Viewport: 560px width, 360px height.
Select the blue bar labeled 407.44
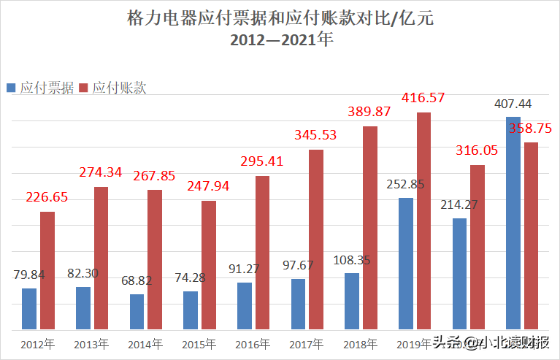[x=513, y=223]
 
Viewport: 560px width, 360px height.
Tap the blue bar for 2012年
[x=29, y=308]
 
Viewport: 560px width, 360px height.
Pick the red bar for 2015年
[x=209, y=264]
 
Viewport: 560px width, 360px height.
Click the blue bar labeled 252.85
[x=406, y=263]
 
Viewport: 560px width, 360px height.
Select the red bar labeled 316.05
[x=477, y=247]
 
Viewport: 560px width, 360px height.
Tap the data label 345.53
[x=316, y=135]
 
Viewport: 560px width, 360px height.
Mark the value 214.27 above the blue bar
[x=459, y=205]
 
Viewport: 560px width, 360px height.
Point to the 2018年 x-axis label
[x=361, y=343]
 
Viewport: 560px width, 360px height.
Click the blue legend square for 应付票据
[x=11, y=88]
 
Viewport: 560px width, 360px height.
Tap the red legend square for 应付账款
[x=83, y=88]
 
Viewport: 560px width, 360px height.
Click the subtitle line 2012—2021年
[x=281, y=41]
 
